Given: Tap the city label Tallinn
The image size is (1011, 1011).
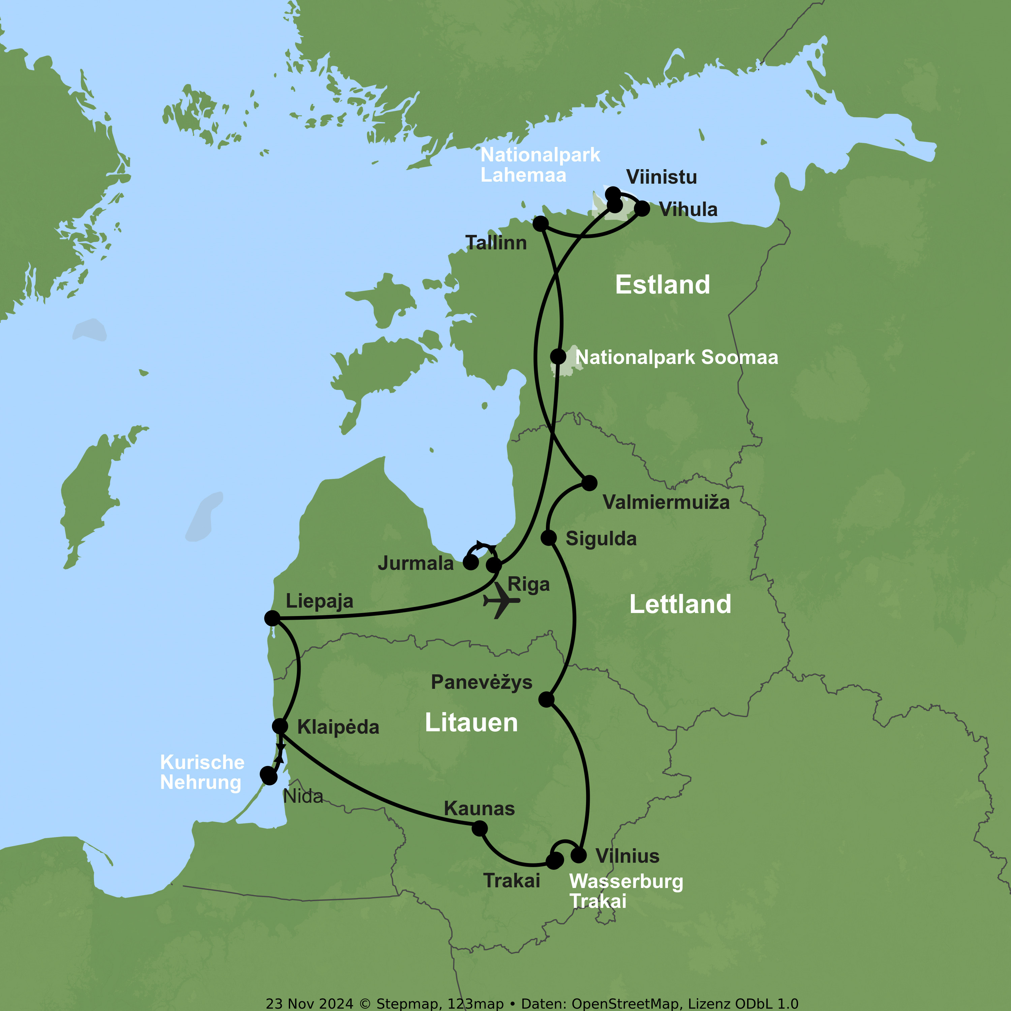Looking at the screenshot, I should point(495,243).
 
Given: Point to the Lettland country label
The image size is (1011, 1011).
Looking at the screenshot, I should point(680,604).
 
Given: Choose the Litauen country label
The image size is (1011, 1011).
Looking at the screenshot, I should point(471,723).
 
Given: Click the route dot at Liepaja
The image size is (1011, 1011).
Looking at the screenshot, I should point(272,618).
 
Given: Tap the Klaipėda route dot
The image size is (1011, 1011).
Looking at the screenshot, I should point(280,726).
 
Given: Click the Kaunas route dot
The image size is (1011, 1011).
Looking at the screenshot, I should point(479,828).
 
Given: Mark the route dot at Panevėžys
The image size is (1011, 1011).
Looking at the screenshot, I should point(546,699).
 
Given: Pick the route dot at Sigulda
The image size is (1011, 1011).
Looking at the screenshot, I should point(548,538).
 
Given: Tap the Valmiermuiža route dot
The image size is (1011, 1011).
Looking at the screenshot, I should point(589,483).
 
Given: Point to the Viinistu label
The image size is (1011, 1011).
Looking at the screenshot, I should point(662,177).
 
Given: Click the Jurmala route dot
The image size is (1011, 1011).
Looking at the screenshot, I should point(470,562).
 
